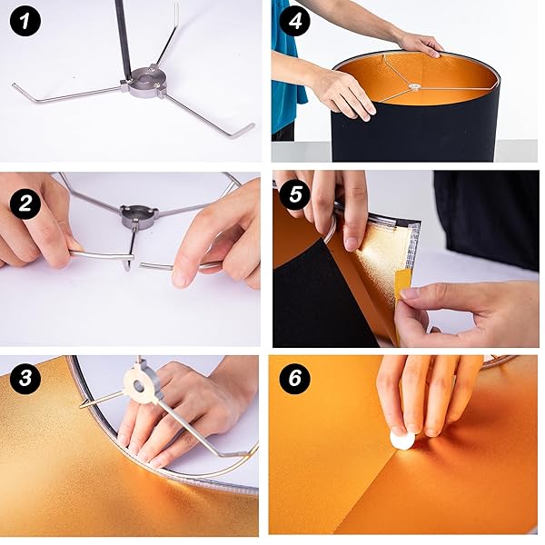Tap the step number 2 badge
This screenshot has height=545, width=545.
coord(25,204)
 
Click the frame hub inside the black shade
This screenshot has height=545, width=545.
coord(413,88)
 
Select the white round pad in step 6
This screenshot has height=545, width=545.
coord(401,439)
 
